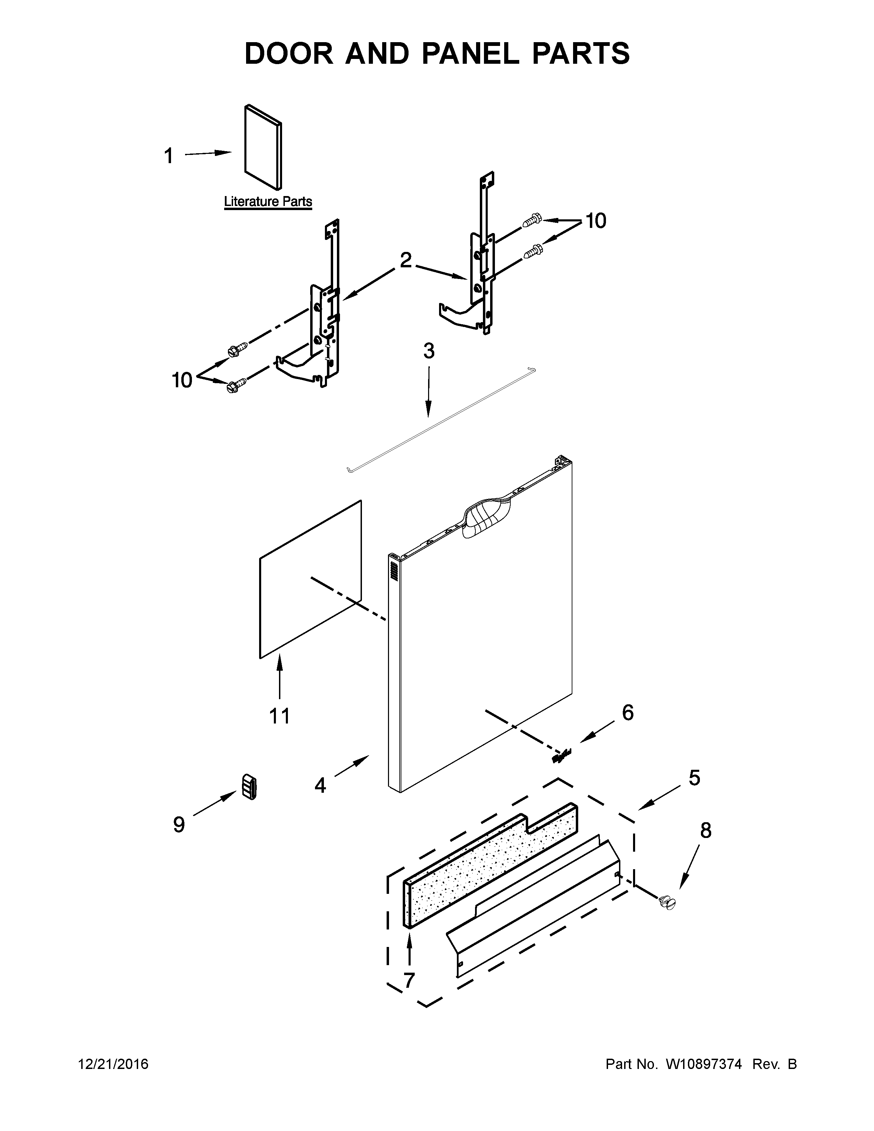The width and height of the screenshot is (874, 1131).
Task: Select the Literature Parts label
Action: point(268,202)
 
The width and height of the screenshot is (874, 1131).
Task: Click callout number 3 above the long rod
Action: point(429,351)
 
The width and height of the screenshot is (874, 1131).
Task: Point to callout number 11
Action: point(280,716)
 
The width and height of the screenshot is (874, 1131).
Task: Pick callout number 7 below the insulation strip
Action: point(409,980)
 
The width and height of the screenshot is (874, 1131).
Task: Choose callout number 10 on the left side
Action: point(182,380)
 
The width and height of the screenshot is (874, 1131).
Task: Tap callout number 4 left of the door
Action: point(320,785)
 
